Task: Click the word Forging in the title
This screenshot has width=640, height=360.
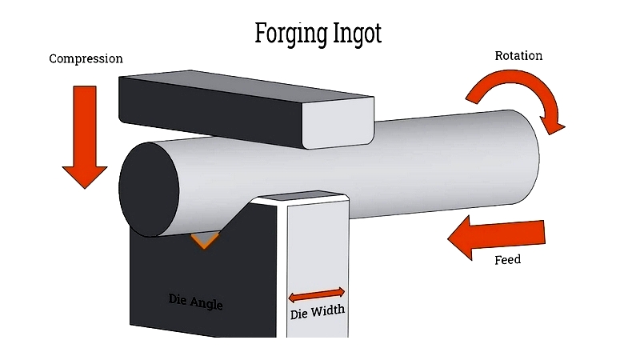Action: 291,34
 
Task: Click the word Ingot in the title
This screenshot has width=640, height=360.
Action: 358,34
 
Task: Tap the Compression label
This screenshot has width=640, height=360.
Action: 86,58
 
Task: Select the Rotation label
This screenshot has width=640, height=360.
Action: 518,55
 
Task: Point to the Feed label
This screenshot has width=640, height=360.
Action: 507,259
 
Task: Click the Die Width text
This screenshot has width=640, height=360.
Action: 317,312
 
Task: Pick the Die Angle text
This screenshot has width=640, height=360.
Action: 195,302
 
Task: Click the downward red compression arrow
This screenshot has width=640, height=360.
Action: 85,137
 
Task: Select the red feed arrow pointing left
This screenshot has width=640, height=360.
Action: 496,237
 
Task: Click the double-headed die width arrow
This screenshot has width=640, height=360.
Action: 316,294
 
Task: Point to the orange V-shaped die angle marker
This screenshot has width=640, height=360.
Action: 205,240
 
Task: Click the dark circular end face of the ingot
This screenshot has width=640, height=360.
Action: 149,190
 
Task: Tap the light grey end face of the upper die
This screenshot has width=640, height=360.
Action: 338,122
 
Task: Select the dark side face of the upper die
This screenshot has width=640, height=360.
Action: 210,110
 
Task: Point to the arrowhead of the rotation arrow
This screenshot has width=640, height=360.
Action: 553,124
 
